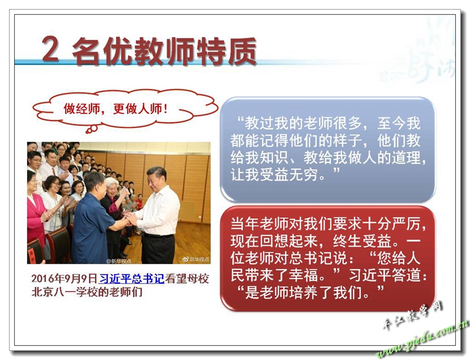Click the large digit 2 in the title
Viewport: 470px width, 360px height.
tap(50, 49)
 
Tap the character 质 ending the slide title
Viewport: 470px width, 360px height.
tap(242, 51)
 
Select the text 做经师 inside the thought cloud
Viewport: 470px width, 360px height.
tap(82, 109)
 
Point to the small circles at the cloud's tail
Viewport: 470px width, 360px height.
tap(91, 129)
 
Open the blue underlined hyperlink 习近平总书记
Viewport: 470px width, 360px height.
tap(131, 278)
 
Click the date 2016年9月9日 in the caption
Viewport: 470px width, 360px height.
tap(65, 278)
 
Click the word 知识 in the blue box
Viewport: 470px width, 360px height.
tap(274, 157)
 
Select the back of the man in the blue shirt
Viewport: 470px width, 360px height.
tap(90, 228)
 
